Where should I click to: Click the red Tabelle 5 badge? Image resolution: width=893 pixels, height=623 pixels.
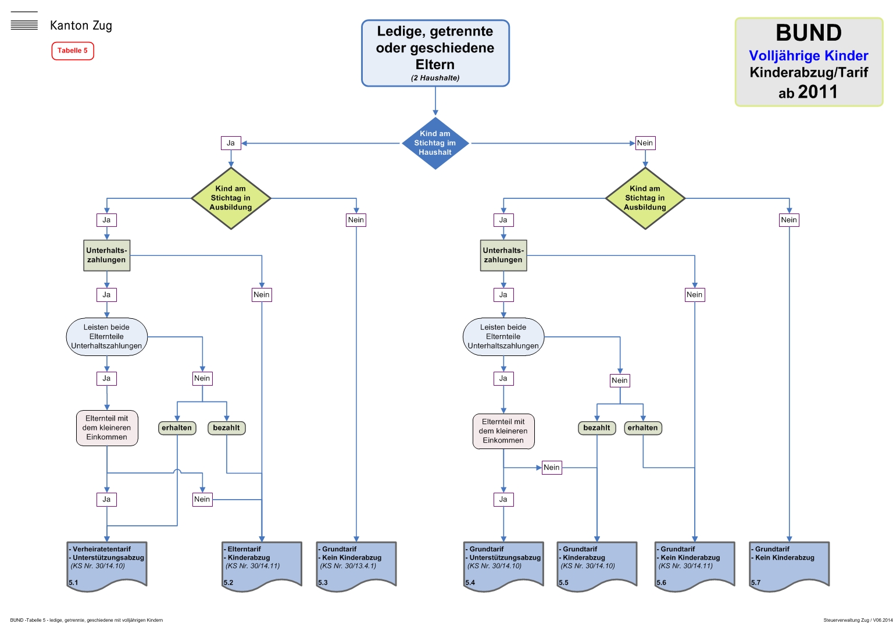coord(73,51)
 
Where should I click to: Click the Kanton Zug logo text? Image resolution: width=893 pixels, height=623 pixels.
coord(81,26)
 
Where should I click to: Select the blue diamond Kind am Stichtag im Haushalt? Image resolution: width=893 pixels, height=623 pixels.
coord(435,143)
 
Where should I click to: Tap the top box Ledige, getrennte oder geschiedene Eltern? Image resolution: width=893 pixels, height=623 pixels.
coord(435,53)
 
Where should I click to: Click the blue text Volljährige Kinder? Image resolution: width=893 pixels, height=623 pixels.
coord(808,56)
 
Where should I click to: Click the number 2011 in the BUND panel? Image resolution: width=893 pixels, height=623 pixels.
coord(817,92)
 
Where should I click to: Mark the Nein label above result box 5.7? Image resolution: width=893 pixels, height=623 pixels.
coord(789,220)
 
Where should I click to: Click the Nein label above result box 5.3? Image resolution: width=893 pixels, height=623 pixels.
coord(356,220)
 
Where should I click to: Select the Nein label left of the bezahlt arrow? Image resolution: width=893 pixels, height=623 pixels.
coord(551,467)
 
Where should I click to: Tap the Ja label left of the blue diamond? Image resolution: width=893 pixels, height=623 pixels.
coord(231,143)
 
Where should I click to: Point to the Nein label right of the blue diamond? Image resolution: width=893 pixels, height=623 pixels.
coord(645,143)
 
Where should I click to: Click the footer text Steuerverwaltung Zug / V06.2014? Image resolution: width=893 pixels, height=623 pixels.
coord(858,620)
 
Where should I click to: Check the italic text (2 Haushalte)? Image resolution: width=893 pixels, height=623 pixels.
coord(435,78)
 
